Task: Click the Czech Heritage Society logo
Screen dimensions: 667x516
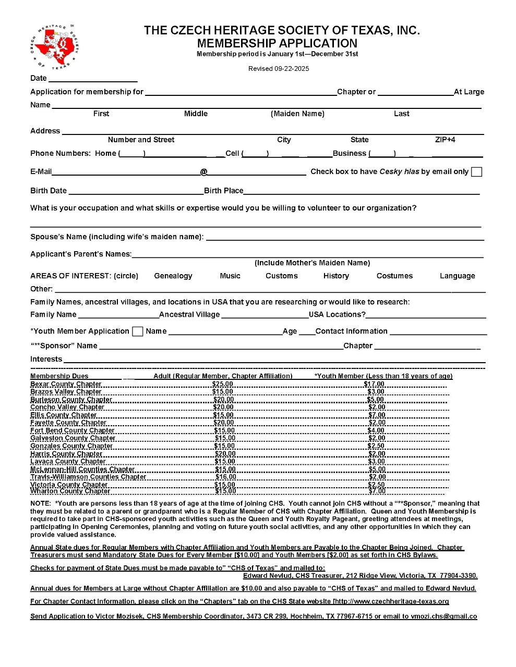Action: [54, 47]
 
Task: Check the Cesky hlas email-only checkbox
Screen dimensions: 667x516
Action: [476, 172]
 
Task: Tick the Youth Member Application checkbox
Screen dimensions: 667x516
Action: [138, 331]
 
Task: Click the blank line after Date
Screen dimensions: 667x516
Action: [93, 79]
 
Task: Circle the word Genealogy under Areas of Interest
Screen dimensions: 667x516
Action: [173, 276]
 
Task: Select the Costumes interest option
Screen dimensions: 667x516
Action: [394, 276]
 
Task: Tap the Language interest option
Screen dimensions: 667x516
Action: [457, 276]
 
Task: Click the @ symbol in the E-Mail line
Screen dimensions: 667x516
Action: [204, 172]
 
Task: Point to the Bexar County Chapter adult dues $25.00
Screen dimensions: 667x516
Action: [223, 384]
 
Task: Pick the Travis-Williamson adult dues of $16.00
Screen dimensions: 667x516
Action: [226, 477]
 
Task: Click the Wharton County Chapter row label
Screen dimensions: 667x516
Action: [70, 491]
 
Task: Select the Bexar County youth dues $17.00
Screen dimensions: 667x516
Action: [374, 384]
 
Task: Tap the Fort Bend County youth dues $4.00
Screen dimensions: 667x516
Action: [376, 430]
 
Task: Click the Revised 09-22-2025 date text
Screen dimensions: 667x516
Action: [279, 69]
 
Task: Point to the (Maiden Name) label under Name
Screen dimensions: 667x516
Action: [297, 114]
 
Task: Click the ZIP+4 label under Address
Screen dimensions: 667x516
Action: [445, 140]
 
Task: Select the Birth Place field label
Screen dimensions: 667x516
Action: [223, 191]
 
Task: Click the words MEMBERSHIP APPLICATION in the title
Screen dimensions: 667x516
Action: [277, 43]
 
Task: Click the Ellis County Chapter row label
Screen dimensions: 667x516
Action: [64, 415]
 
